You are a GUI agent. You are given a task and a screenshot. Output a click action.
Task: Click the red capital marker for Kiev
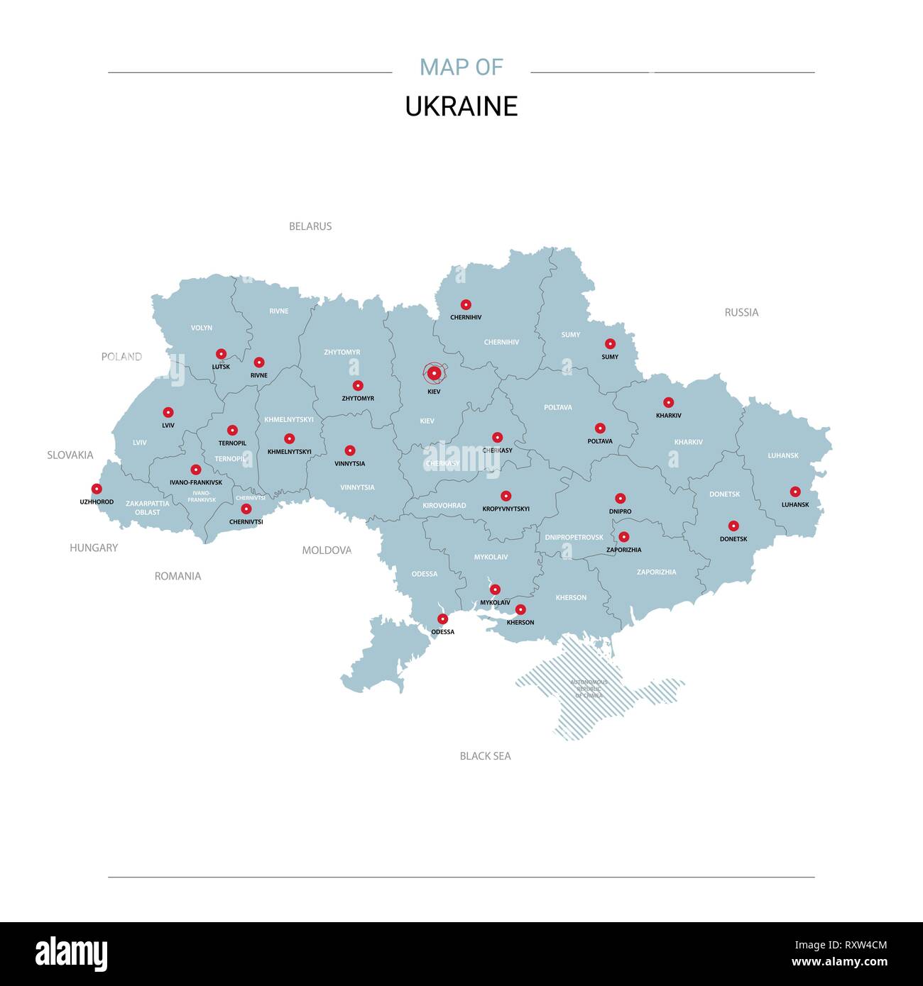[434, 373]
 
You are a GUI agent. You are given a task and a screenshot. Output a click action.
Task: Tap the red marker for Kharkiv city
[668, 402]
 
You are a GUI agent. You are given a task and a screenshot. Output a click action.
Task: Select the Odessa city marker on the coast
[442, 619]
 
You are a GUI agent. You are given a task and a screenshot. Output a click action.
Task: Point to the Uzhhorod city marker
[97, 489]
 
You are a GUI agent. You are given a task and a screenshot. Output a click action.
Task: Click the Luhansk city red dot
[795, 492]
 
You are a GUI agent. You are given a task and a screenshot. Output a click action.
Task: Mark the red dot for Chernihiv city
[466, 304]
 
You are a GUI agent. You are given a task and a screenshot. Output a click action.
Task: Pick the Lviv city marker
[168, 412]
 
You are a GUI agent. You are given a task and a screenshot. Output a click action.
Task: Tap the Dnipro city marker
[620, 499]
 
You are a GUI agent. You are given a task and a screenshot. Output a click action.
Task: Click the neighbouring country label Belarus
[310, 226]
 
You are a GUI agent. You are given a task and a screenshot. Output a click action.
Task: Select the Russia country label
[741, 312]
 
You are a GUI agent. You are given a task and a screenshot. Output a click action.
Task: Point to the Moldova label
[327, 550]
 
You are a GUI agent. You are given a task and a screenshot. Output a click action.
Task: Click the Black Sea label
[485, 756]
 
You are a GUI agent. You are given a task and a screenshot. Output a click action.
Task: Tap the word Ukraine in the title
[461, 106]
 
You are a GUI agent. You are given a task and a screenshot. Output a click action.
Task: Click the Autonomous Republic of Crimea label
[589, 689]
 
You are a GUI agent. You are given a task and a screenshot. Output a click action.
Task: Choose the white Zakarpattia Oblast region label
[148, 508]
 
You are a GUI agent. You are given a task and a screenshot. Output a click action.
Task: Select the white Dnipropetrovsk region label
[574, 537]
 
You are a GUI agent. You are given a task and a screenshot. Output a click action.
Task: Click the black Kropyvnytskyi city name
[506, 509]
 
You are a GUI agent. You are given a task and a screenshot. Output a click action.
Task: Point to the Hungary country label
[94, 548]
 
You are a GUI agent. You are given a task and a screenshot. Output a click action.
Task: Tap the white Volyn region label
[202, 328]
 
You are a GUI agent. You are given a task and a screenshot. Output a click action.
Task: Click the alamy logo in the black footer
[71, 954]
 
